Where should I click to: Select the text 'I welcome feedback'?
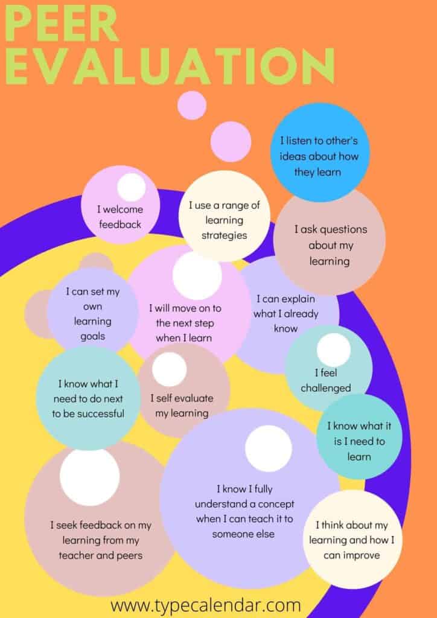120,217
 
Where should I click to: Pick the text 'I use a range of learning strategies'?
224,220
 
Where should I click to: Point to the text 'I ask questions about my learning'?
330,245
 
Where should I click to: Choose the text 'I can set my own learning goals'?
92,313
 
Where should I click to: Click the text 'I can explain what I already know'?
285,313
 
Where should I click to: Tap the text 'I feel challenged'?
325,380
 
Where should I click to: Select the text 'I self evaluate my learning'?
179,406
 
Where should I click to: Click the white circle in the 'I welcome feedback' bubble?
131,187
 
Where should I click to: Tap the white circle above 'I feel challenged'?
334,350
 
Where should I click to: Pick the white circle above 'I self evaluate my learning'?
169,369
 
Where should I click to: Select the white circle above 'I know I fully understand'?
268,448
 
